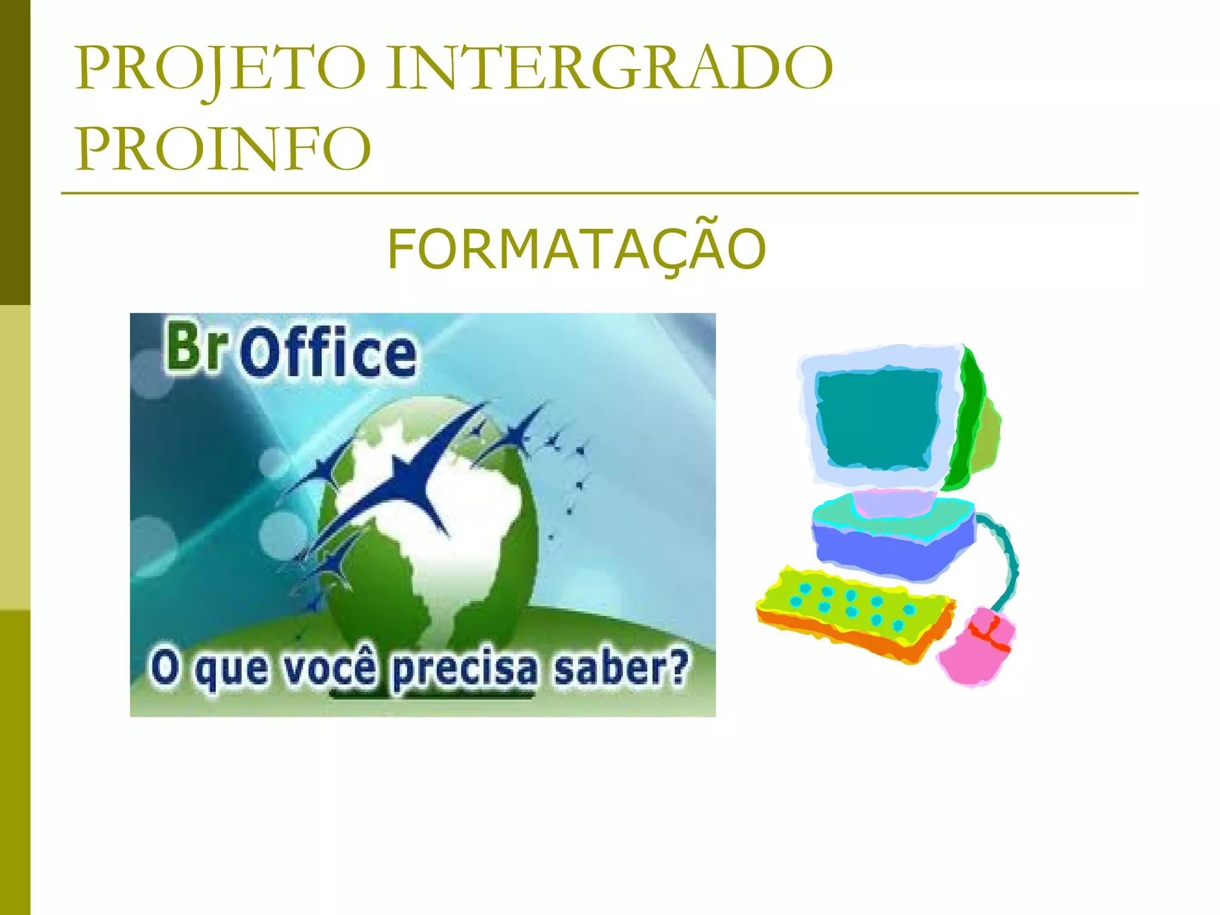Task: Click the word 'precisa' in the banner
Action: coord(465,670)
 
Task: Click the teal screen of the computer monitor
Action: coord(876,417)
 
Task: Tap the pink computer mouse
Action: coord(977,646)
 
